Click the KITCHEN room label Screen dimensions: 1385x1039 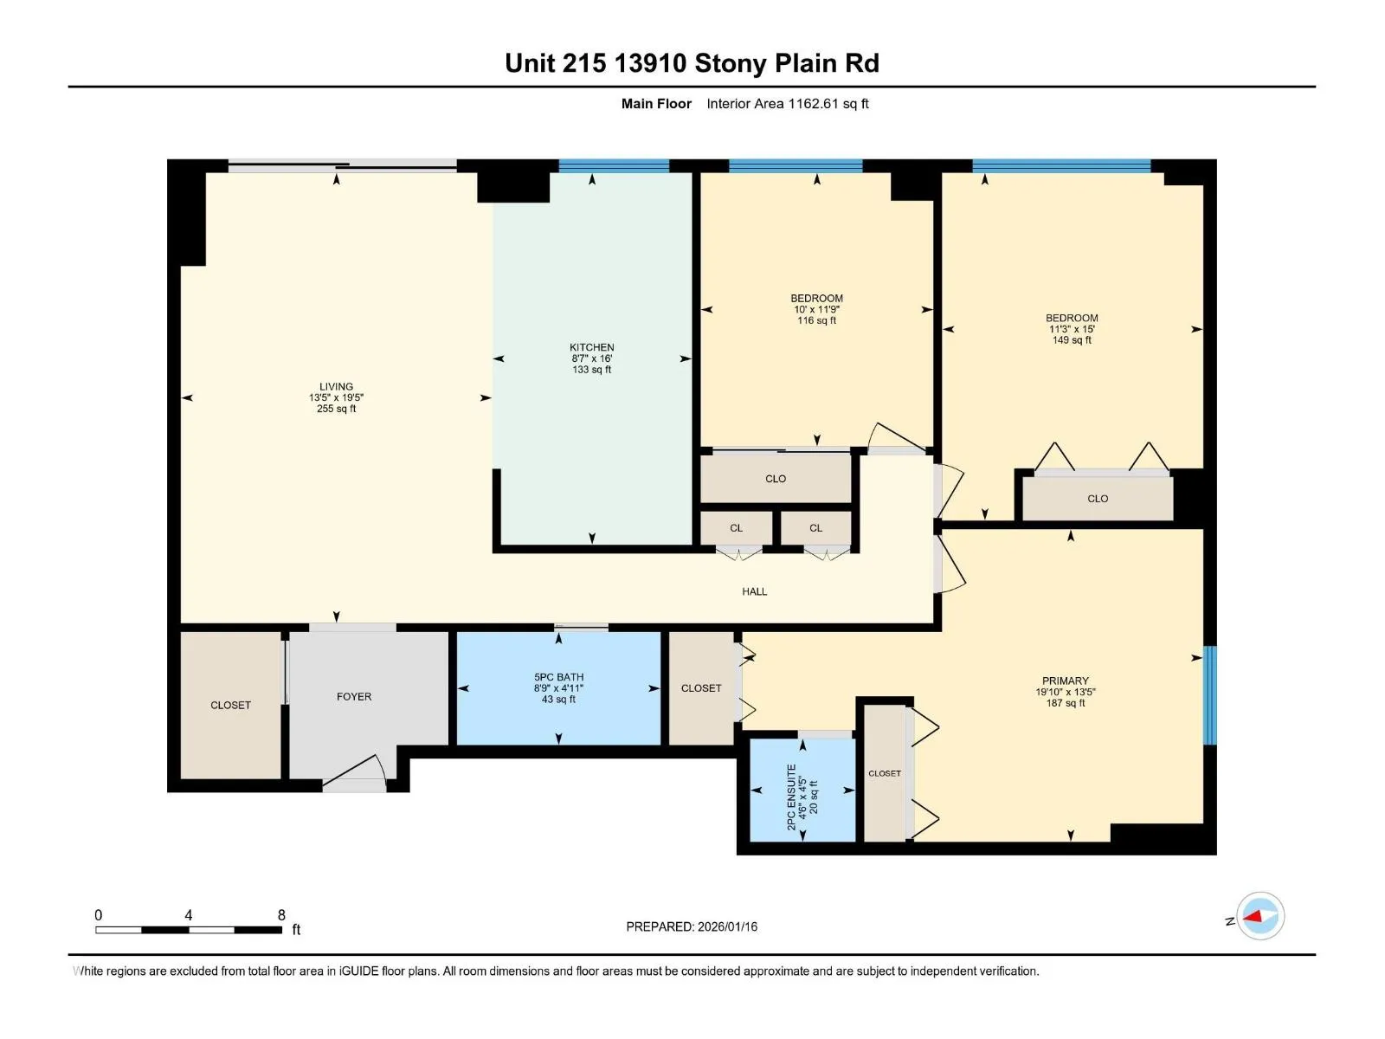(x=591, y=347)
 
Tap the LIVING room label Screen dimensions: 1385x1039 (x=336, y=386)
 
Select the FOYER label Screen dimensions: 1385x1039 (x=354, y=696)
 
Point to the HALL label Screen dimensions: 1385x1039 (x=755, y=591)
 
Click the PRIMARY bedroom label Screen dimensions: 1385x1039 (x=1065, y=681)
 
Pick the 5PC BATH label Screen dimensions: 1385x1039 (x=558, y=677)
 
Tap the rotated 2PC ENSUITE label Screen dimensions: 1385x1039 (x=791, y=797)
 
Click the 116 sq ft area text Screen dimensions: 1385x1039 (x=816, y=320)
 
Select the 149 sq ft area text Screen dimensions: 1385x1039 (x=1072, y=340)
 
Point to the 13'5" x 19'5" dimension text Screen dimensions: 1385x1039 (x=336, y=397)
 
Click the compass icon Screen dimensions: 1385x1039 (x=1260, y=916)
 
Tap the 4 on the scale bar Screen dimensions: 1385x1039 (x=188, y=914)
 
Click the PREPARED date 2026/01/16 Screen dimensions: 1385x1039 (x=727, y=926)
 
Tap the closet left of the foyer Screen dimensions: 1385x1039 (x=230, y=705)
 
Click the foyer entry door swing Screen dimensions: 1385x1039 (x=355, y=773)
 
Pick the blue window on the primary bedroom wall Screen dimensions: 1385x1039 (x=1209, y=695)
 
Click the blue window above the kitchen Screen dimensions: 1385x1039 (x=614, y=166)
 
